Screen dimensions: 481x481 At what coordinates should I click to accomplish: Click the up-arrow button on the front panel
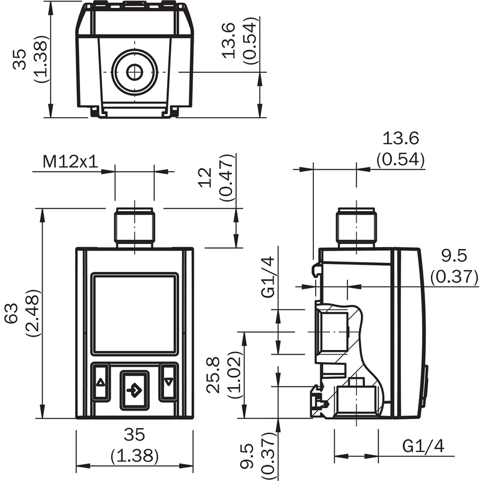100,382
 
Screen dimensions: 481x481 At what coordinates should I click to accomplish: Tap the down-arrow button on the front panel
168,382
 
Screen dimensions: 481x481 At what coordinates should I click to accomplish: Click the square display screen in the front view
135,313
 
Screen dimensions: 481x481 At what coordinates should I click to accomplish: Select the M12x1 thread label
70,162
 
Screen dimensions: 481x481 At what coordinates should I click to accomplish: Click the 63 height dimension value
11,313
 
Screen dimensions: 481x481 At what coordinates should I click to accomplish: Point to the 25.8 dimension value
213,375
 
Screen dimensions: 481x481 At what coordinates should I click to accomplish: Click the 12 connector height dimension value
205,177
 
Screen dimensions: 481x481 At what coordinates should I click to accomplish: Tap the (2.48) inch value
33,313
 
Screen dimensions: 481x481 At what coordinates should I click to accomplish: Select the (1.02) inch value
235,375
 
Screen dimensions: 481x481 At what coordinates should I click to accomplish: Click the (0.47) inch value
227,177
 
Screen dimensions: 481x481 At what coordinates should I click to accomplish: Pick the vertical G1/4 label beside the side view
268,277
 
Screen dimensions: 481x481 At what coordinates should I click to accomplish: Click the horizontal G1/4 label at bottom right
423,446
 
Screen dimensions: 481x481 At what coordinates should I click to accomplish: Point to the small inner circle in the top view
135,72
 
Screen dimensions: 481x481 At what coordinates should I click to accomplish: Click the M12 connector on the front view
135,228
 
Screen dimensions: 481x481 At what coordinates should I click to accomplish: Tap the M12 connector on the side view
357,228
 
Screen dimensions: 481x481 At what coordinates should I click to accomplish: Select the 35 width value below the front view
134,435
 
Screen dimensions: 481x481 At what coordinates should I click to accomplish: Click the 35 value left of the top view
20,59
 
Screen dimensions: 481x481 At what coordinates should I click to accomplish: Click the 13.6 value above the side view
400,138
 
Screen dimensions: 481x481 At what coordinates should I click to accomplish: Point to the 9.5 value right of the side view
454,256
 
